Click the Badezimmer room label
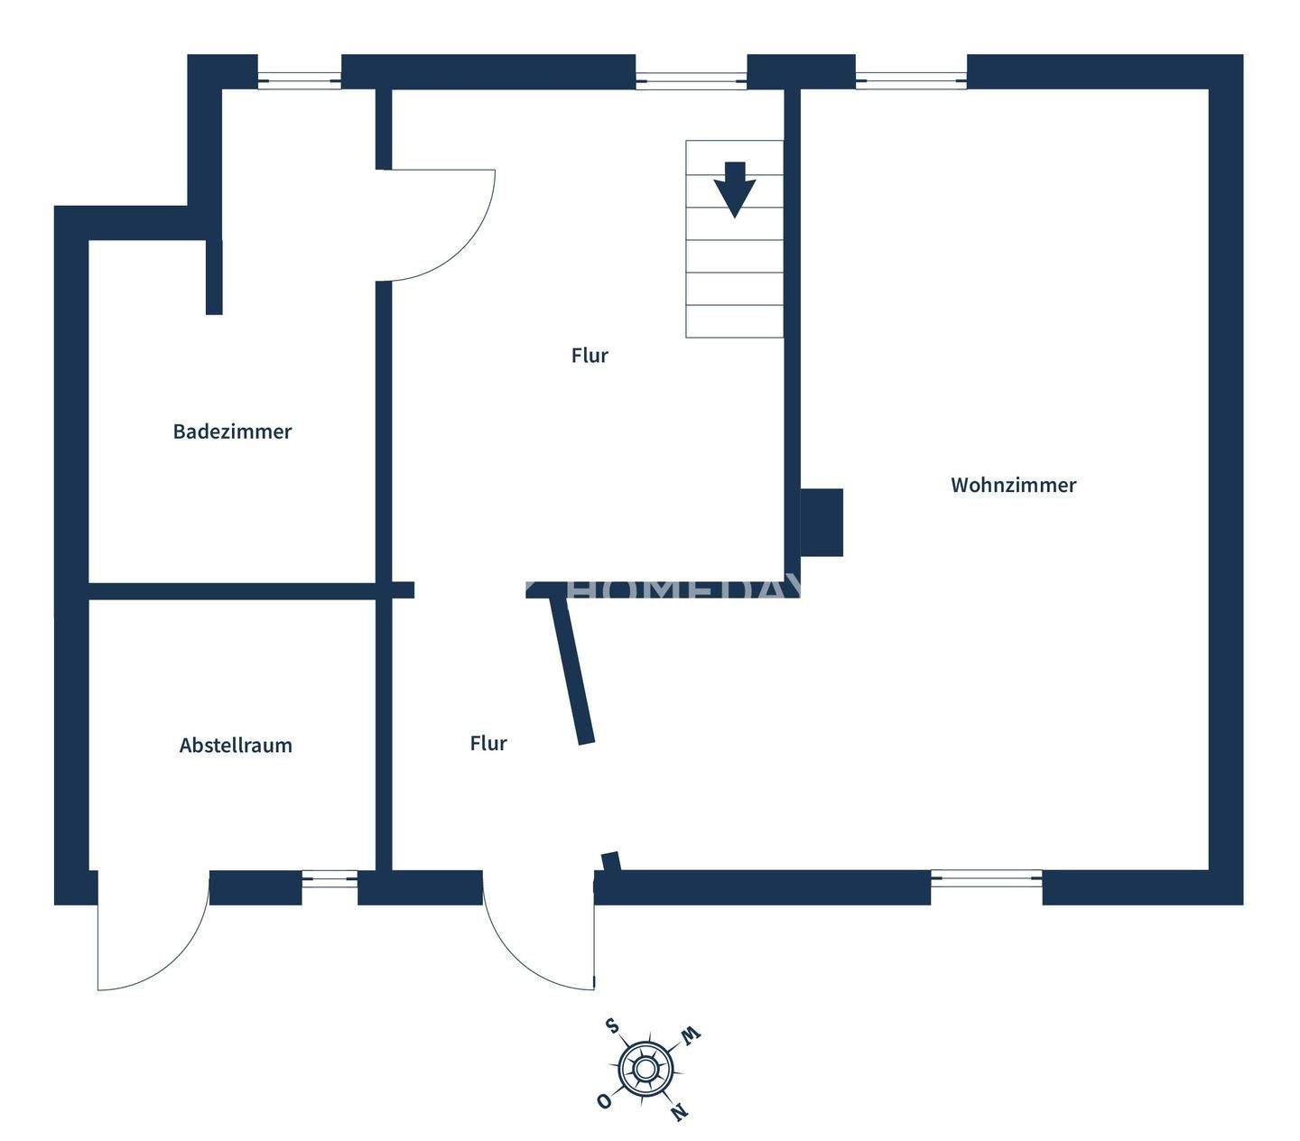tap(232, 431)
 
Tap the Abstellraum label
tap(236, 746)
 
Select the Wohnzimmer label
tap(1013, 485)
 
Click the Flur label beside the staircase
tap(590, 356)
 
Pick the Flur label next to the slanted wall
tap(488, 744)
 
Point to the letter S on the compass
tap(612, 1025)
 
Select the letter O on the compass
tap(603, 1100)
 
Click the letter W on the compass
tap(691, 1034)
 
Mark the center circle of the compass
tap(645, 1070)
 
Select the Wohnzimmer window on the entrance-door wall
tap(986, 878)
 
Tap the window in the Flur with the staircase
tap(692, 80)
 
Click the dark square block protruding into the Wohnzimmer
tap(822, 523)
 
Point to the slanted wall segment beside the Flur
tap(572, 672)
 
